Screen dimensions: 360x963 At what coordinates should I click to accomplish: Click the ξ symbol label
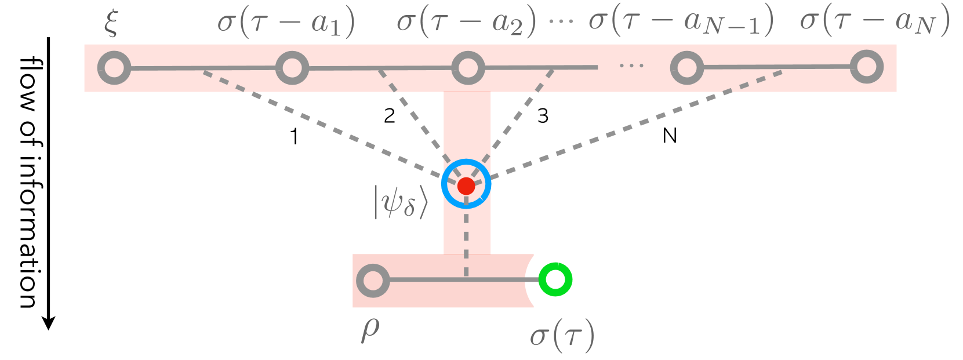pyautogui.click(x=111, y=23)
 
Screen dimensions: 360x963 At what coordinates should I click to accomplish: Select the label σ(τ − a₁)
pyautogui.click(x=286, y=23)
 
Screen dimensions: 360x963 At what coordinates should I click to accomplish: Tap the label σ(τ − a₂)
pyautogui.click(x=466, y=23)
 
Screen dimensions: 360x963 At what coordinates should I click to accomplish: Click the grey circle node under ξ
pyautogui.click(x=114, y=68)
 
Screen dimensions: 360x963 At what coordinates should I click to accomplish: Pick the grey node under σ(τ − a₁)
pyautogui.click(x=292, y=68)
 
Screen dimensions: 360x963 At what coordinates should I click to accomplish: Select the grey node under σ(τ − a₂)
pyautogui.click(x=468, y=67)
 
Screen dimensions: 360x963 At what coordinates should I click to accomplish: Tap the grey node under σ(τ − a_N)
pyautogui.click(x=866, y=67)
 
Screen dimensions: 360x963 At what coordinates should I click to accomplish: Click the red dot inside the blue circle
pyautogui.click(x=466, y=186)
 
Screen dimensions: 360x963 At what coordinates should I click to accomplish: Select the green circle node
pyautogui.click(x=555, y=279)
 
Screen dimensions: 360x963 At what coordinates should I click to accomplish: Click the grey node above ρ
pyautogui.click(x=373, y=281)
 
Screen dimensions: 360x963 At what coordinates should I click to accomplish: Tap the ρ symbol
pyautogui.click(x=370, y=330)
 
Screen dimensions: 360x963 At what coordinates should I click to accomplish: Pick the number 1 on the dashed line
pyautogui.click(x=295, y=137)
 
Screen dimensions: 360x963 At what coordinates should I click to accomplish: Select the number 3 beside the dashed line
pyautogui.click(x=543, y=116)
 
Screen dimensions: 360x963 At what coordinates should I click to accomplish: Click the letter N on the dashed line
pyautogui.click(x=670, y=136)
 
